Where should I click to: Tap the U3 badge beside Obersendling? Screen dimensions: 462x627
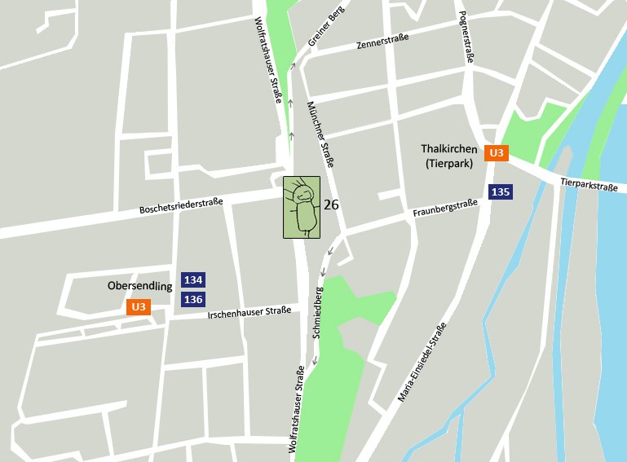click(x=139, y=307)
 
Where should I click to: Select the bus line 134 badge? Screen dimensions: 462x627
click(x=193, y=280)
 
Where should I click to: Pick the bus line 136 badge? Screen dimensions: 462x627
click(x=193, y=299)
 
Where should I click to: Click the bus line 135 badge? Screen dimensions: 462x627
click(x=501, y=192)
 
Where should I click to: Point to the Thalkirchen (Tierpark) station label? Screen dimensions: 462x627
click(x=449, y=156)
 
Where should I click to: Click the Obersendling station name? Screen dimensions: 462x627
click(x=140, y=286)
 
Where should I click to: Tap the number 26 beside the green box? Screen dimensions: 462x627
click(x=331, y=205)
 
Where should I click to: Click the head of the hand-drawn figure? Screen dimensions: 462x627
click(x=303, y=195)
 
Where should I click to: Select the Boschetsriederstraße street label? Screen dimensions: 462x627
click(x=181, y=204)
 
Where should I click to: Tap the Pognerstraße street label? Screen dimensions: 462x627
click(x=466, y=37)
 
